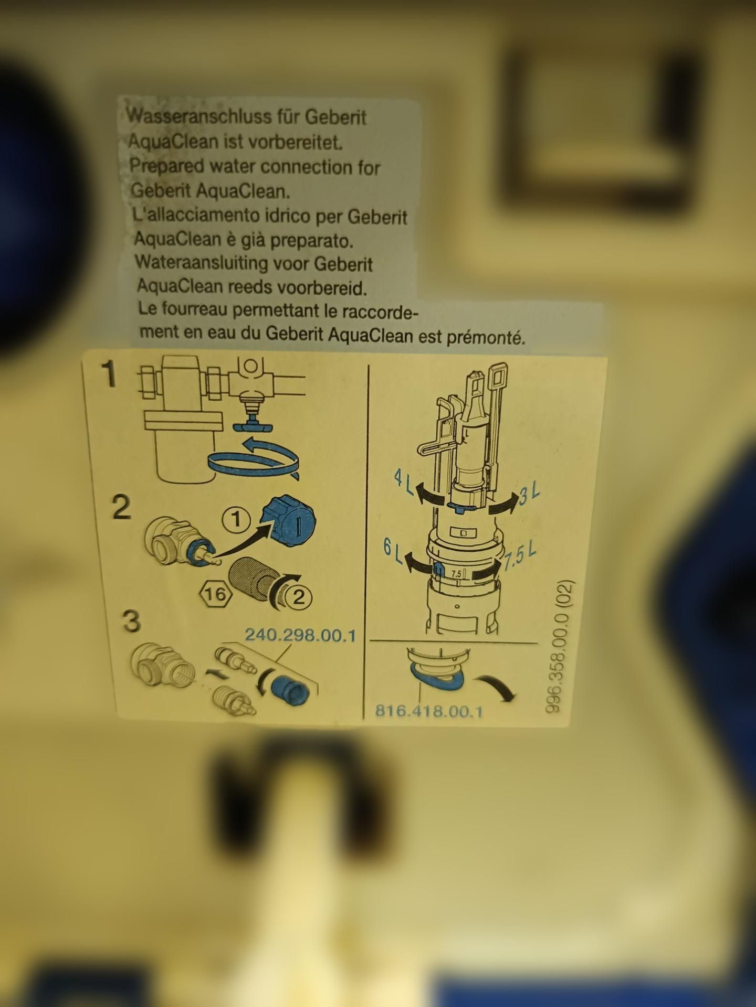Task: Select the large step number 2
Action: (122, 507)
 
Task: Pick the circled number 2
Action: (299, 597)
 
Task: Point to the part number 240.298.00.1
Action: (301, 636)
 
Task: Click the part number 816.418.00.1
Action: (429, 712)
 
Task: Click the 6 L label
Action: (392, 551)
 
